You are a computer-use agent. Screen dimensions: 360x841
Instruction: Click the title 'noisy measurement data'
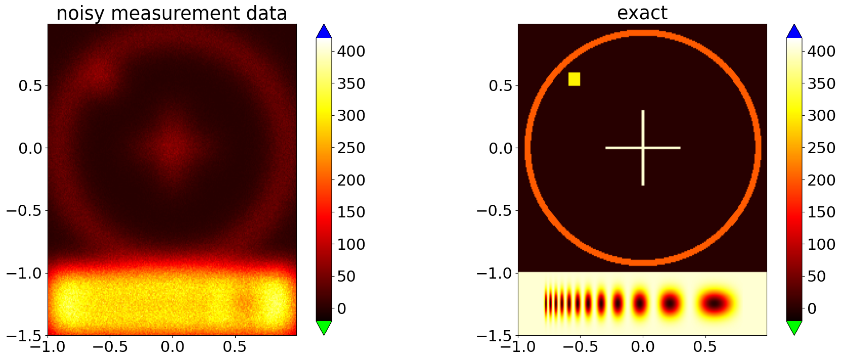(x=171, y=13)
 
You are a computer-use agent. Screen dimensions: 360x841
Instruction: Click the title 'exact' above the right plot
(x=642, y=13)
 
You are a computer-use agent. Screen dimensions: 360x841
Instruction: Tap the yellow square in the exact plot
(x=574, y=79)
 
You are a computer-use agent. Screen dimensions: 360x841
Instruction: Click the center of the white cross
(x=643, y=148)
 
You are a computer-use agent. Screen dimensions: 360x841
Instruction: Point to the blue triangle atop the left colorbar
(x=324, y=31)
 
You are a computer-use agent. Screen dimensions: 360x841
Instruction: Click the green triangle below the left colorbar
(x=324, y=327)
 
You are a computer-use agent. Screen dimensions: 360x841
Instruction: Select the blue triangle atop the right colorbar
(x=794, y=31)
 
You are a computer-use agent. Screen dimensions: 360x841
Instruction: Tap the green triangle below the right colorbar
(x=794, y=327)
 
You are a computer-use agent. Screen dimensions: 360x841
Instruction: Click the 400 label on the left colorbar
(x=351, y=51)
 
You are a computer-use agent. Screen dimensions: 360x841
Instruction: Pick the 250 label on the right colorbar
(x=821, y=148)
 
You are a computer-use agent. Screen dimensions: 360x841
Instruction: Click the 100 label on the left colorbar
(x=351, y=244)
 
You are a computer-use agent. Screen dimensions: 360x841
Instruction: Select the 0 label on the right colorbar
(x=812, y=308)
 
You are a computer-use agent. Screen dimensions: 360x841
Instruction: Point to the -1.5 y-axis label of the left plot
(x=26, y=336)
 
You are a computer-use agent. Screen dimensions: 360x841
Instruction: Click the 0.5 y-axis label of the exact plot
(x=500, y=85)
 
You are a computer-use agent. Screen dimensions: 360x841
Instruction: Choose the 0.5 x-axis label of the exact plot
(x=705, y=347)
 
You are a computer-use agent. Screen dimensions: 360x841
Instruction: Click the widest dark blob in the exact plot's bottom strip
(x=714, y=303)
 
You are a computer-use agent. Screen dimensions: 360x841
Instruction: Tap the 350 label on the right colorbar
(x=821, y=83)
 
